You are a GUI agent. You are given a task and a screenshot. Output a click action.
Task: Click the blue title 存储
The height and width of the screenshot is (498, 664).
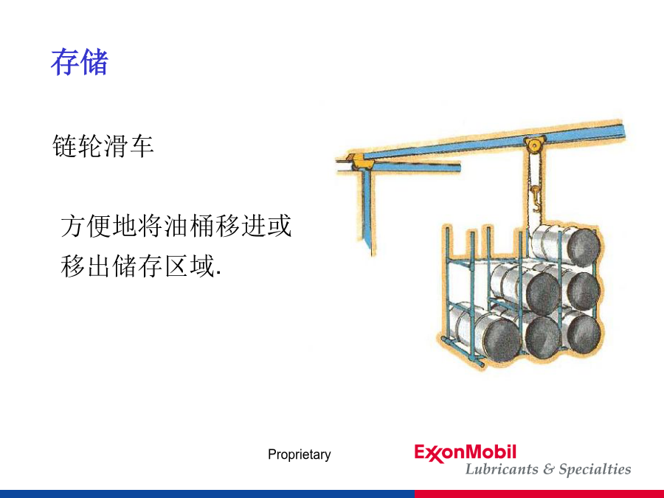click(x=80, y=62)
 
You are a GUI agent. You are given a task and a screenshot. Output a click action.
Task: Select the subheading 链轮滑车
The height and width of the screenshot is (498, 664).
click(x=103, y=146)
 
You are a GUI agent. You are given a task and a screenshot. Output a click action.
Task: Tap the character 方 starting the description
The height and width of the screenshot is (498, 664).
click(x=73, y=226)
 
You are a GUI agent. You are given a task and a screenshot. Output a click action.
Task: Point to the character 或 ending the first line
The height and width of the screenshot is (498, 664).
click(x=279, y=226)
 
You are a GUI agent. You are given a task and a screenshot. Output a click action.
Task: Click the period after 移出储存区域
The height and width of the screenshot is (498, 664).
click(x=218, y=274)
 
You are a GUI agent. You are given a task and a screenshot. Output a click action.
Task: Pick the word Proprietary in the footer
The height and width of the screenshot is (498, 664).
click(x=300, y=454)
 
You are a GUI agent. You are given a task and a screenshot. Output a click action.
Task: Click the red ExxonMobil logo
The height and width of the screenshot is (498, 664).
click(x=466, y=453)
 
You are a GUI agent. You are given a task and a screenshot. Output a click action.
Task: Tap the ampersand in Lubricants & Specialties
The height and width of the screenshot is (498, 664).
click(x=549, y=469)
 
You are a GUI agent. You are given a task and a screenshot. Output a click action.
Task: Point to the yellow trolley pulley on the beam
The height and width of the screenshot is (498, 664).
click(x=534, y=145)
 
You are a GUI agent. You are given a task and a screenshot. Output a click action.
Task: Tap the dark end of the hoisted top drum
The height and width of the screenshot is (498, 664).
click(x=583, y=247)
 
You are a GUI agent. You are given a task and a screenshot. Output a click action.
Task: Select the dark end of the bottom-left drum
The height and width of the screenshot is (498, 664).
click(x=502, y=339)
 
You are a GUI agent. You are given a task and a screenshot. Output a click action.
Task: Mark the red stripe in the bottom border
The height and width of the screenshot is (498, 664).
click(x=539, y=494)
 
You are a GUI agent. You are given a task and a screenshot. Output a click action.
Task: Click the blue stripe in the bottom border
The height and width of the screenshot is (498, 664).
click(x=207, y=494)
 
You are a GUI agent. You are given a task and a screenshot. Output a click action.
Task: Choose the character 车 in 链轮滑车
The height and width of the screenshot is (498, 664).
click(x=142, y=146)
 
